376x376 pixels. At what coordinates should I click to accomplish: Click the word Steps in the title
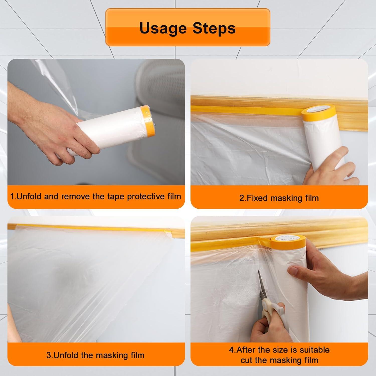[214, 28]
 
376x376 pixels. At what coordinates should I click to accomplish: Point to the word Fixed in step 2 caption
[258, 198]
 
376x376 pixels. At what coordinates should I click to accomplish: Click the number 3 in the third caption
[48, 355]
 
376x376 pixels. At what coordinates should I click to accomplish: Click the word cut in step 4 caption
[247, 360]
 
